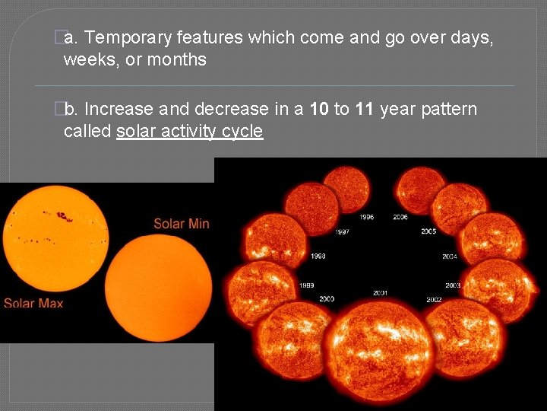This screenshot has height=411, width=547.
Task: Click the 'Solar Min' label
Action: coord(181,223)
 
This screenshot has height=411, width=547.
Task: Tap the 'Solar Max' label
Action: coord(33,303)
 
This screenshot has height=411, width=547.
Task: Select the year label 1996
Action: coord(366,218)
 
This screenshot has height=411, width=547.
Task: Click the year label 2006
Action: coord(400,218)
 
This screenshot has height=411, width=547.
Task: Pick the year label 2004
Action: coord(450,256)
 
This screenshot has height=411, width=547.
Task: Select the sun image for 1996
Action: coord(346,190)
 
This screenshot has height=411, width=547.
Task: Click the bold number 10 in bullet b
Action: coord(319,110)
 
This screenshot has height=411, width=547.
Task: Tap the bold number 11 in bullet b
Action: coord(364,110)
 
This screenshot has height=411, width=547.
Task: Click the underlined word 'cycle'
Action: coord(242,132)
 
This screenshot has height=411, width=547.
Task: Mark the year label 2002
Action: coord(434,300)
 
